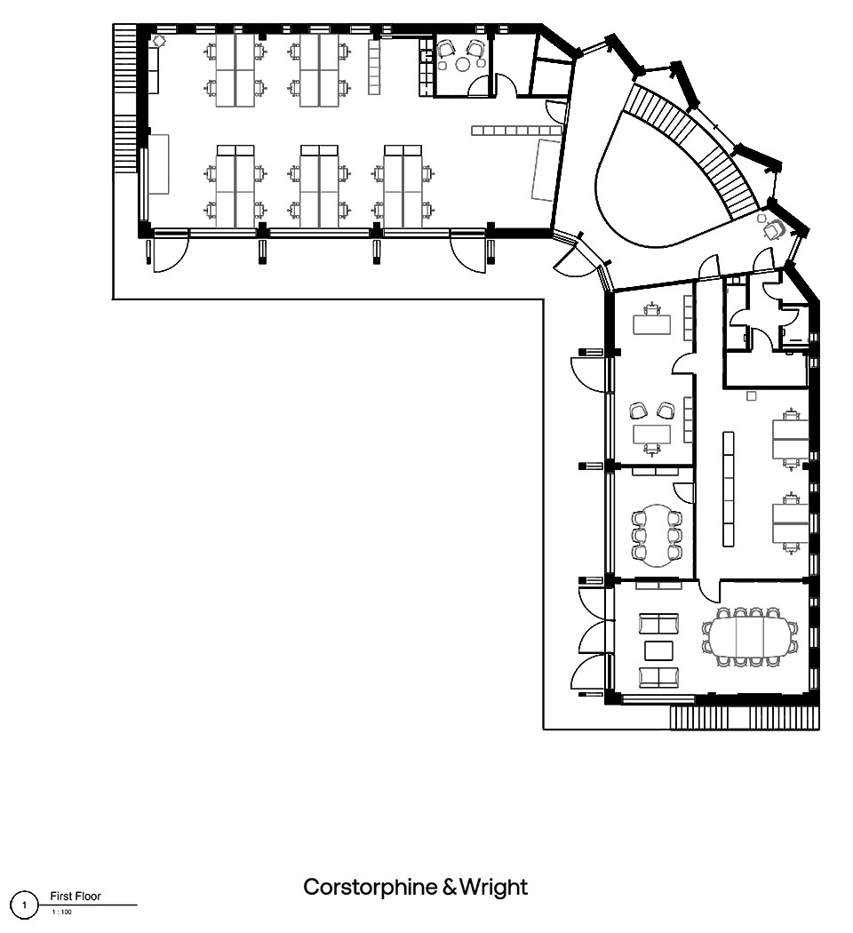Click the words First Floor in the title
(x=76, y=896)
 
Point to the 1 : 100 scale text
(x=62, y=912)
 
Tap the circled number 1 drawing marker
(x=24, y=905)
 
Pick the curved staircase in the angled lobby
(x=695, y=148)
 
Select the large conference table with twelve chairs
(x=750, y=636)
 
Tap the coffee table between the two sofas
(x=658, y=650)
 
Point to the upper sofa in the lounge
(x=658, y=624)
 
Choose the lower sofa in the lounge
(x=658, y=677)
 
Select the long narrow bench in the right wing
(x=728, y=489)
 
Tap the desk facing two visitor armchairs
(x=651, y=435)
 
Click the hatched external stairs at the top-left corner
(x=125, y=98)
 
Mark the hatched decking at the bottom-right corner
(x=745, y=717)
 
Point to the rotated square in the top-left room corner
(x=159, y=41)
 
